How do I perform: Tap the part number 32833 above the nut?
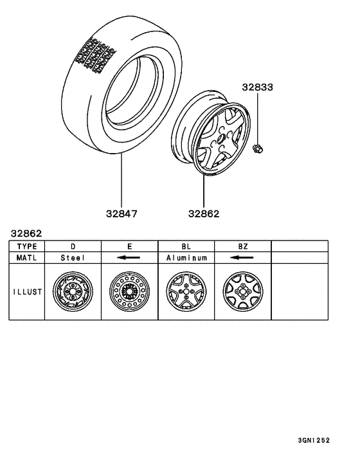(x=257, y=87)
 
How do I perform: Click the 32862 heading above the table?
(x=26, y=233)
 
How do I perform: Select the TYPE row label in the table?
(x=26, y=246)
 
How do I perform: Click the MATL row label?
(x=26, y=257)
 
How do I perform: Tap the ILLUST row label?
(x=26, y=291)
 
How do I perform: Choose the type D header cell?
(x=73, y=246)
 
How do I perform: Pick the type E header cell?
(x=129, y=246)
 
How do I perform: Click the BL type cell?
(x=186, y=246)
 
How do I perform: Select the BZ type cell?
(x=242, y=246)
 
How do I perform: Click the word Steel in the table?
(x=73, y=257)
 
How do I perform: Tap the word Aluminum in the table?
(x=186, y=257)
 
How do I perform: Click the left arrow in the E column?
(x=129, y=257)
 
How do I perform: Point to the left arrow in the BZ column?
(x=242, y=257)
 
